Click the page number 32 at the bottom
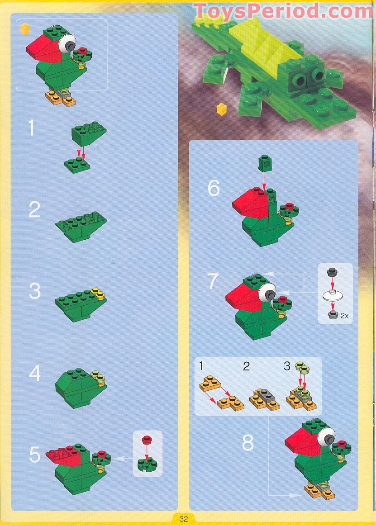coord(183,518)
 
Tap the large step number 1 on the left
coord(31,128)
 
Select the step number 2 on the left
coord(34,210)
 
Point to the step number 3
coord(35,291)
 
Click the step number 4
coord(34,374)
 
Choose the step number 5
coord(35,455)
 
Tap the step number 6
coord(214,189)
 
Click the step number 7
coord(214,281)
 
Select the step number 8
coord(247,443)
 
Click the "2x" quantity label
coord(344,316)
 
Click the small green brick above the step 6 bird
coord(264,163)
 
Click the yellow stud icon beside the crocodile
coord(221,109)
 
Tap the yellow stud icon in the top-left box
coord(25,29)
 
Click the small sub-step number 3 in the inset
coord(287,366)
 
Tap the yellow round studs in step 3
coord(97,294)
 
